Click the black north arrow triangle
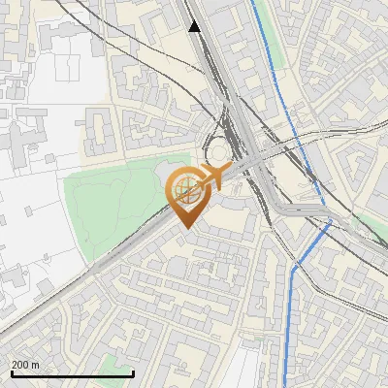pos(195,26)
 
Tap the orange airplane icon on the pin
pos(214,176)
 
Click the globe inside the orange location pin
pos(187,190)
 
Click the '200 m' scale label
pos(25,365)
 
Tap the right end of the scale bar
pos(133,373)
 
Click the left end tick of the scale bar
pos(12,373)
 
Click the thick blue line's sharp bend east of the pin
pos(329,224)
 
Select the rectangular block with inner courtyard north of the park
pos(103,131)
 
